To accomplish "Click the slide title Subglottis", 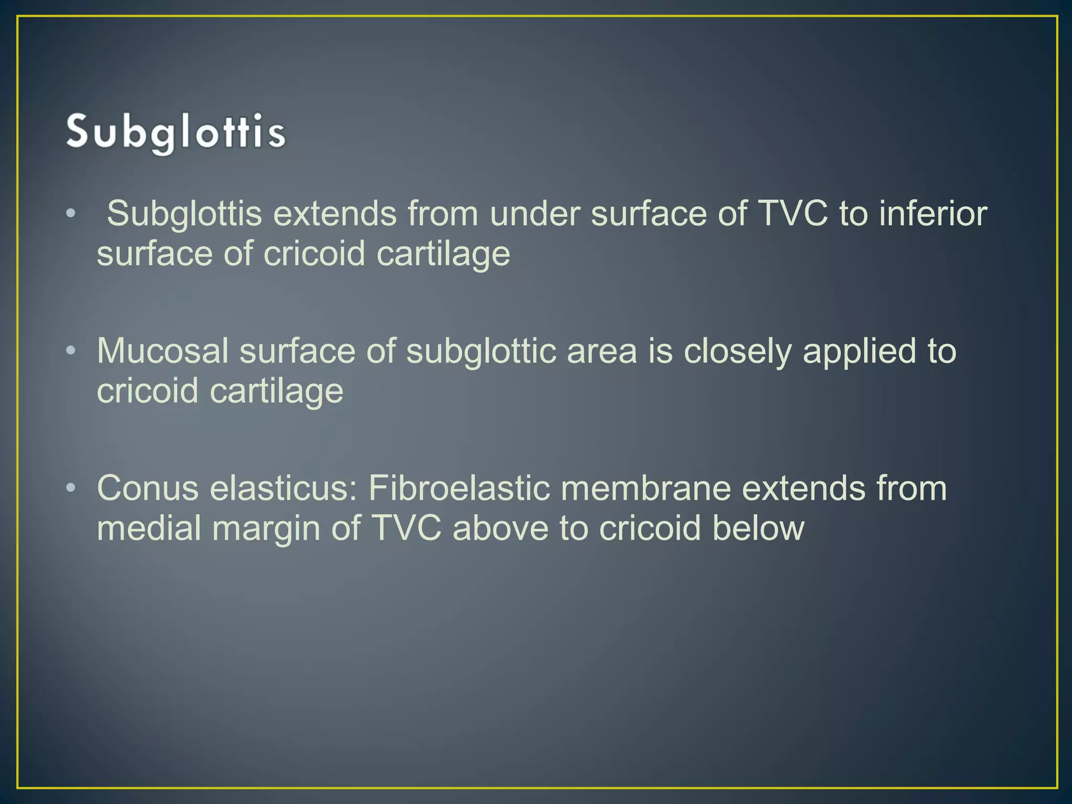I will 176,133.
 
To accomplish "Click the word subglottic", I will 481,351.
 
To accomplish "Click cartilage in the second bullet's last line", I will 276,392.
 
